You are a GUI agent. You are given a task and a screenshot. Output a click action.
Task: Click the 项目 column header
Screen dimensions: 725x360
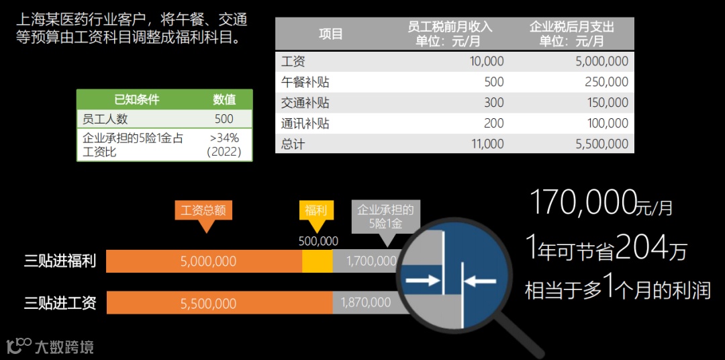pyautogui.click(x=330, y=34)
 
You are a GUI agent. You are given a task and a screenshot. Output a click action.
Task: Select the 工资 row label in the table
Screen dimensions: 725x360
pyautogui.click(x=293, y=62)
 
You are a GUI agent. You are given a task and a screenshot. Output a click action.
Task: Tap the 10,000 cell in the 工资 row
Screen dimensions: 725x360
pyautogui.click(x=487, y=62)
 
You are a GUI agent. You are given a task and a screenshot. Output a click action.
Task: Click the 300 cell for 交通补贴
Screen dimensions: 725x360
pyautogui.click(x=493, y=103)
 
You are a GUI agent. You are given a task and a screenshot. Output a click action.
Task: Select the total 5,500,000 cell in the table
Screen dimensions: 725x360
pyautogui.click(x=602, y=144)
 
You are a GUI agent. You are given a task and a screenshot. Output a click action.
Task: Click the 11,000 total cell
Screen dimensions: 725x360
pyautogui.click(x=487, y=144)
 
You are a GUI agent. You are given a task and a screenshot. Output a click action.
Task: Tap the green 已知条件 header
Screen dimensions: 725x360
pyautogui.click(x=137, y=99)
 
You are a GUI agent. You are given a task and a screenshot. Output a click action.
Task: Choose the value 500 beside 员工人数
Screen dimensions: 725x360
pyautogui.click(x=224, y=119)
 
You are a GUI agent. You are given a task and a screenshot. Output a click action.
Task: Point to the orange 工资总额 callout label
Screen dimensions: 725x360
pyautogui.click(x=203, y=210)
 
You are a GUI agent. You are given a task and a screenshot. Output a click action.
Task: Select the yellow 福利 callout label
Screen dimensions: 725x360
pyautogui.click(x=316, y=210)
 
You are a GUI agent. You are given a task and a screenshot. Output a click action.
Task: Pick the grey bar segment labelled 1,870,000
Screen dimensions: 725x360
pyautogui.click(x=366, y=303)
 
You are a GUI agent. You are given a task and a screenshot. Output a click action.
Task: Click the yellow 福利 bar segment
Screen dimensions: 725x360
pyautogui.click(x=317, y=261)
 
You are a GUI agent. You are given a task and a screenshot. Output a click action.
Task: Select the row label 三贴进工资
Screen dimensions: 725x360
pyautogui.click(x=60, y=303)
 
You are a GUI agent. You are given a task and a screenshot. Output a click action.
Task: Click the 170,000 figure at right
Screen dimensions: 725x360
pyautogui.click(x=583, y=202)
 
